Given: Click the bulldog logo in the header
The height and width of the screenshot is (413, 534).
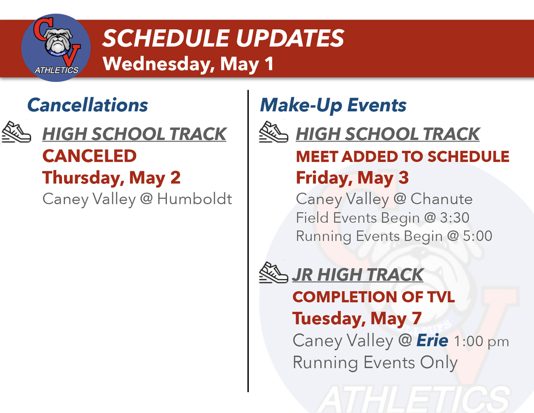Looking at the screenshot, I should (56, 48).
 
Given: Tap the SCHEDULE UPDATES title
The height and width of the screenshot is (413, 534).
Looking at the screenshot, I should (223, 38).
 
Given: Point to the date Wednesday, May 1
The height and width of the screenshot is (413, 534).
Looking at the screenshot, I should (188, 64).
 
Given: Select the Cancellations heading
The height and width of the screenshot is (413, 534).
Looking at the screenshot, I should (87, 105).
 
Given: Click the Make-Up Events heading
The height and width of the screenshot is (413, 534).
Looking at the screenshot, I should (333, 105).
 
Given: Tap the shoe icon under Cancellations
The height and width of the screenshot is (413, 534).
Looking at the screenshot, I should (17, 132).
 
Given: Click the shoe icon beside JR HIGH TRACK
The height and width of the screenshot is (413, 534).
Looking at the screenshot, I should (274, 273).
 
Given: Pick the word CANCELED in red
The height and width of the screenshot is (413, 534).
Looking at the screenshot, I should (89, 156).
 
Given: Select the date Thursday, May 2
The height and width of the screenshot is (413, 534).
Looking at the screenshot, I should (111, 178).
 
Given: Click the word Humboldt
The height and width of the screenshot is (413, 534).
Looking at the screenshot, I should (195, 199).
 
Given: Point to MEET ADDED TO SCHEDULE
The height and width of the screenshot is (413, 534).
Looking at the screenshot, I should (403, 156).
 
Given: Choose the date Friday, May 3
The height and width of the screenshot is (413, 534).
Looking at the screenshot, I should (352, 178).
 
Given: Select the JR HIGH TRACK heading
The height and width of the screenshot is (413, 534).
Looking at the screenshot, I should (358, 275).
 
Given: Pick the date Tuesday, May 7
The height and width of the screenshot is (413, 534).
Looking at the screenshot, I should (357, 318).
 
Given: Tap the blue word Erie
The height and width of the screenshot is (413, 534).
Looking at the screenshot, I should (432, 340).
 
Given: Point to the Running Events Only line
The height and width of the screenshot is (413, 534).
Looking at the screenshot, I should (375, 362).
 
